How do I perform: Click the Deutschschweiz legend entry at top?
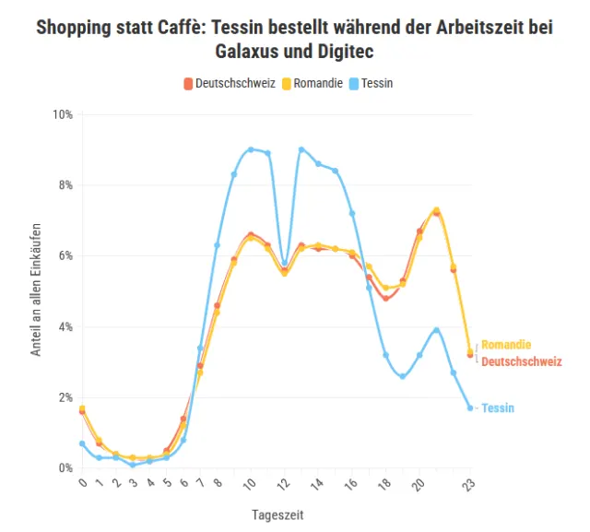pyautogui.click(x=230, y=83)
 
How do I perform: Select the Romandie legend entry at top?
pyautogui.click(x=314, y=83)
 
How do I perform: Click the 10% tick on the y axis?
pyautogui.click(x=63, y=114)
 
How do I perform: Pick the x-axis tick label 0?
pyautogui.click(x=82, y=483)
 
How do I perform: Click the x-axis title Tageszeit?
pyautogui.click(x=277, y=514)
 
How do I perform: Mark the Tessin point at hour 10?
pyautogui.click(x=251, y=149)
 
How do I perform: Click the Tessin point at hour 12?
pyautogui.click(x=285, y=264)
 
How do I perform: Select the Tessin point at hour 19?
pyautogui.click(x=403, y=376)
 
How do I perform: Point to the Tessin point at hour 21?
pyautogui.click(x=436, y=330)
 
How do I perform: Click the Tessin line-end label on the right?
pyautogui.click(x=498, y=408)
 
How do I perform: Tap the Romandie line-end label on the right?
pyautogui.click(x=506, y=345)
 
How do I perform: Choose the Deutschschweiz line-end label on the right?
pyautogui.click(x=521, y=361)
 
